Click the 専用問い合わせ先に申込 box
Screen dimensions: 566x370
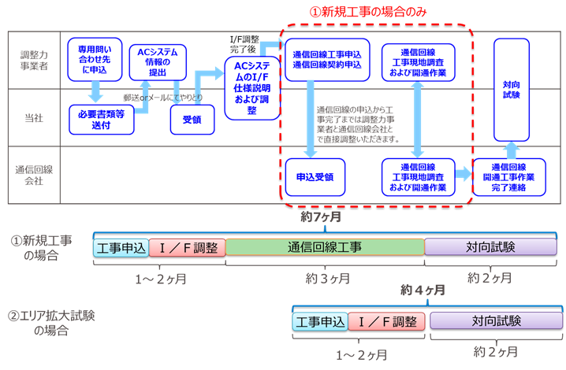click(95, 60)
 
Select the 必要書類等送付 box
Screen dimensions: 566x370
click(102, 120)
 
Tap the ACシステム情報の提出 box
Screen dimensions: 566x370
click(158, 62)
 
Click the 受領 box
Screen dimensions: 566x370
click(192, 120)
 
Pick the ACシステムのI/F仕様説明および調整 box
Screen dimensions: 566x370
click(252, 88)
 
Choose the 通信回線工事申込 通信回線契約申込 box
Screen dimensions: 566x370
click(327, 60)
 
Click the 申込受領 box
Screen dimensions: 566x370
click(315, 177)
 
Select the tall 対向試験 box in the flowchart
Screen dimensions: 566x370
click(512, 90)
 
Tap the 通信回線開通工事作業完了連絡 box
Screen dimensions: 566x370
click(509, 177)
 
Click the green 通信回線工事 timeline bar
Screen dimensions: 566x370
click(325, 247)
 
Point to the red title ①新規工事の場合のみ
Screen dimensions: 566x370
click(368, 12)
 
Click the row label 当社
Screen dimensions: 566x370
click(34, 118)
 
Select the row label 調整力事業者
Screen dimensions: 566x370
click(34, 61)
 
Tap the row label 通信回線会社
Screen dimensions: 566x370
click(34, 175)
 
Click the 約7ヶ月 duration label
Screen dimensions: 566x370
click(321, 216)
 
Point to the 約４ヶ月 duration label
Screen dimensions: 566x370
click(423, 290)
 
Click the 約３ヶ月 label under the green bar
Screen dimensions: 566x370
click(328, 279)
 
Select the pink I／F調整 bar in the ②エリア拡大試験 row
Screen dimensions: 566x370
click(386, 322)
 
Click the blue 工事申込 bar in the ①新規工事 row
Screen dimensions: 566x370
click(121, 248)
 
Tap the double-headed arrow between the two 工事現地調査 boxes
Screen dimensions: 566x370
click(417, 120)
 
